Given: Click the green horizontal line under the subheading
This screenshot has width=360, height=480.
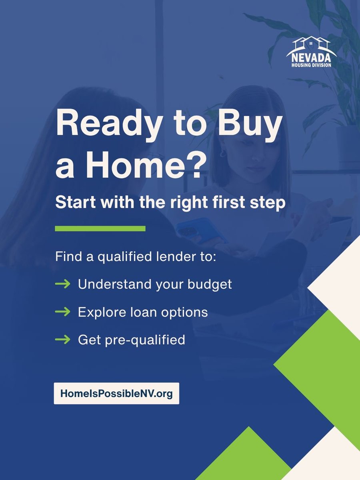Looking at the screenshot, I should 100,229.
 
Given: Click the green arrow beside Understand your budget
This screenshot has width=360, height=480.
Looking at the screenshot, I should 63,284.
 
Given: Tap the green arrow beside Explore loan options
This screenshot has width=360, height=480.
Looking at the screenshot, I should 63,312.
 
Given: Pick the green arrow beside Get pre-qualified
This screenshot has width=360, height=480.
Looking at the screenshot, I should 63,340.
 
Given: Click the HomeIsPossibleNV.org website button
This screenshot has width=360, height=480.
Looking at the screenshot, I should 116,394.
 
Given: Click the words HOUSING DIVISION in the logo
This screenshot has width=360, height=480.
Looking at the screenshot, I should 312,65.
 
